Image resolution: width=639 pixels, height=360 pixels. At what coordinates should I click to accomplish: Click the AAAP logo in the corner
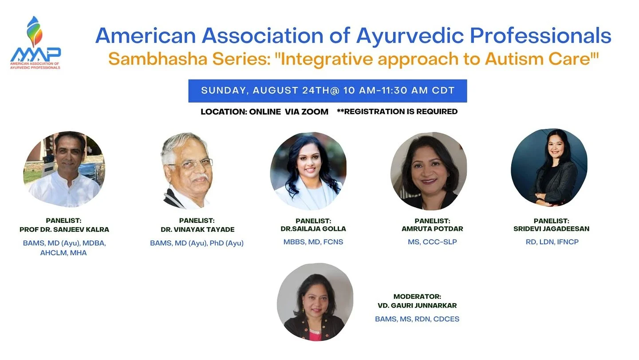(35, 44)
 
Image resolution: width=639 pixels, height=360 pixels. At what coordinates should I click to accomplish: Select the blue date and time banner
(327, 91)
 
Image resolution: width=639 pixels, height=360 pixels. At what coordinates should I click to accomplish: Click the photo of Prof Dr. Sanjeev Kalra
(64, 169)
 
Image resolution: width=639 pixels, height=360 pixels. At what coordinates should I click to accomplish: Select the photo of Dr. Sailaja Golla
(308, 171)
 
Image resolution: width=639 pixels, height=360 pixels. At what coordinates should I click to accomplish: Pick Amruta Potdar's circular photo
(429, 171)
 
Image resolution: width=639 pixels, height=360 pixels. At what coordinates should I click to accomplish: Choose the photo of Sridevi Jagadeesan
(549, 168)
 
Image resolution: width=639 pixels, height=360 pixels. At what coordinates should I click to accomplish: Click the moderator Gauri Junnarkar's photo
(315, 302)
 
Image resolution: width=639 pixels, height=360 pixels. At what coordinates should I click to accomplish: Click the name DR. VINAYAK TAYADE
(197, 229)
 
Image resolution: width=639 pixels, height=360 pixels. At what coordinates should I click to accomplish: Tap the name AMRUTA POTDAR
(432, 229)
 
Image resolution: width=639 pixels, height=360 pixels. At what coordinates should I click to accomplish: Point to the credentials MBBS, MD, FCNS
(313, 242)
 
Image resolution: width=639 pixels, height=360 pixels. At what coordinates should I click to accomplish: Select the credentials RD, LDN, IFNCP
(552, 242)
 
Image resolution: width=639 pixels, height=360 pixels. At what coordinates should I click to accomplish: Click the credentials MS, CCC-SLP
(432, 242)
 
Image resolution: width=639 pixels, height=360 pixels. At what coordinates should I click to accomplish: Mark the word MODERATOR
(417, 297)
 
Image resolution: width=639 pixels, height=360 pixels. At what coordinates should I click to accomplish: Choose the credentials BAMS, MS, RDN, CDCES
(417, 319)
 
